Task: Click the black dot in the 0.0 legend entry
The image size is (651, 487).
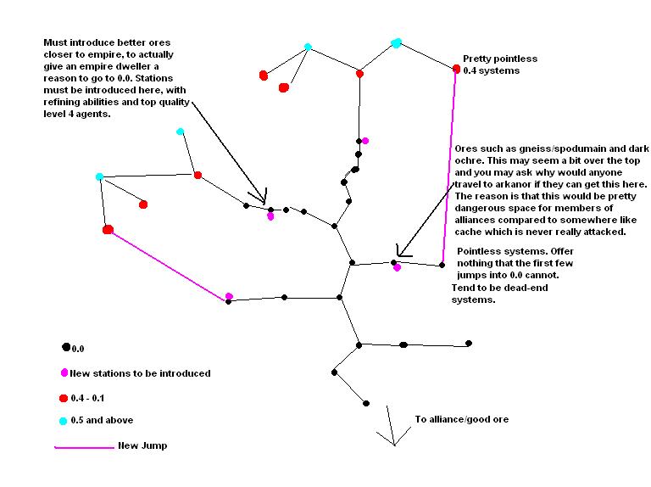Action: (x=65, y=347)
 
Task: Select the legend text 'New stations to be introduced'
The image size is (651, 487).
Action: (x=141, y=373)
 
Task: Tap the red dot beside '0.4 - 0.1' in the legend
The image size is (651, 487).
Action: (x=64, y=397)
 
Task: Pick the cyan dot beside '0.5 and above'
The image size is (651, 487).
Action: (x=63, y=420)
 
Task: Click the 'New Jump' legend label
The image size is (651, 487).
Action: (x=142, y=445)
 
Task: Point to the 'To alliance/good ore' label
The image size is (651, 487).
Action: (x=461, y=419)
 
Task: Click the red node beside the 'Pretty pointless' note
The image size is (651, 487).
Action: (x=457, y=69)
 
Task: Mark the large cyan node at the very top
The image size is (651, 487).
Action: (x=396, y=43)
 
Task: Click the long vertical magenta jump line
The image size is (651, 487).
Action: (x=449, y=170)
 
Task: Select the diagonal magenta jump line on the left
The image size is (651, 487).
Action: (x=170, y=265)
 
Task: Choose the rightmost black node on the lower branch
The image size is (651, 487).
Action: (x=469, y=344)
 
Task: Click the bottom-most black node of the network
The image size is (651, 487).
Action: (x=366, y=403)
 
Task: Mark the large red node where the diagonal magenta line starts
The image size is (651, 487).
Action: (x=108, y=229)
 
